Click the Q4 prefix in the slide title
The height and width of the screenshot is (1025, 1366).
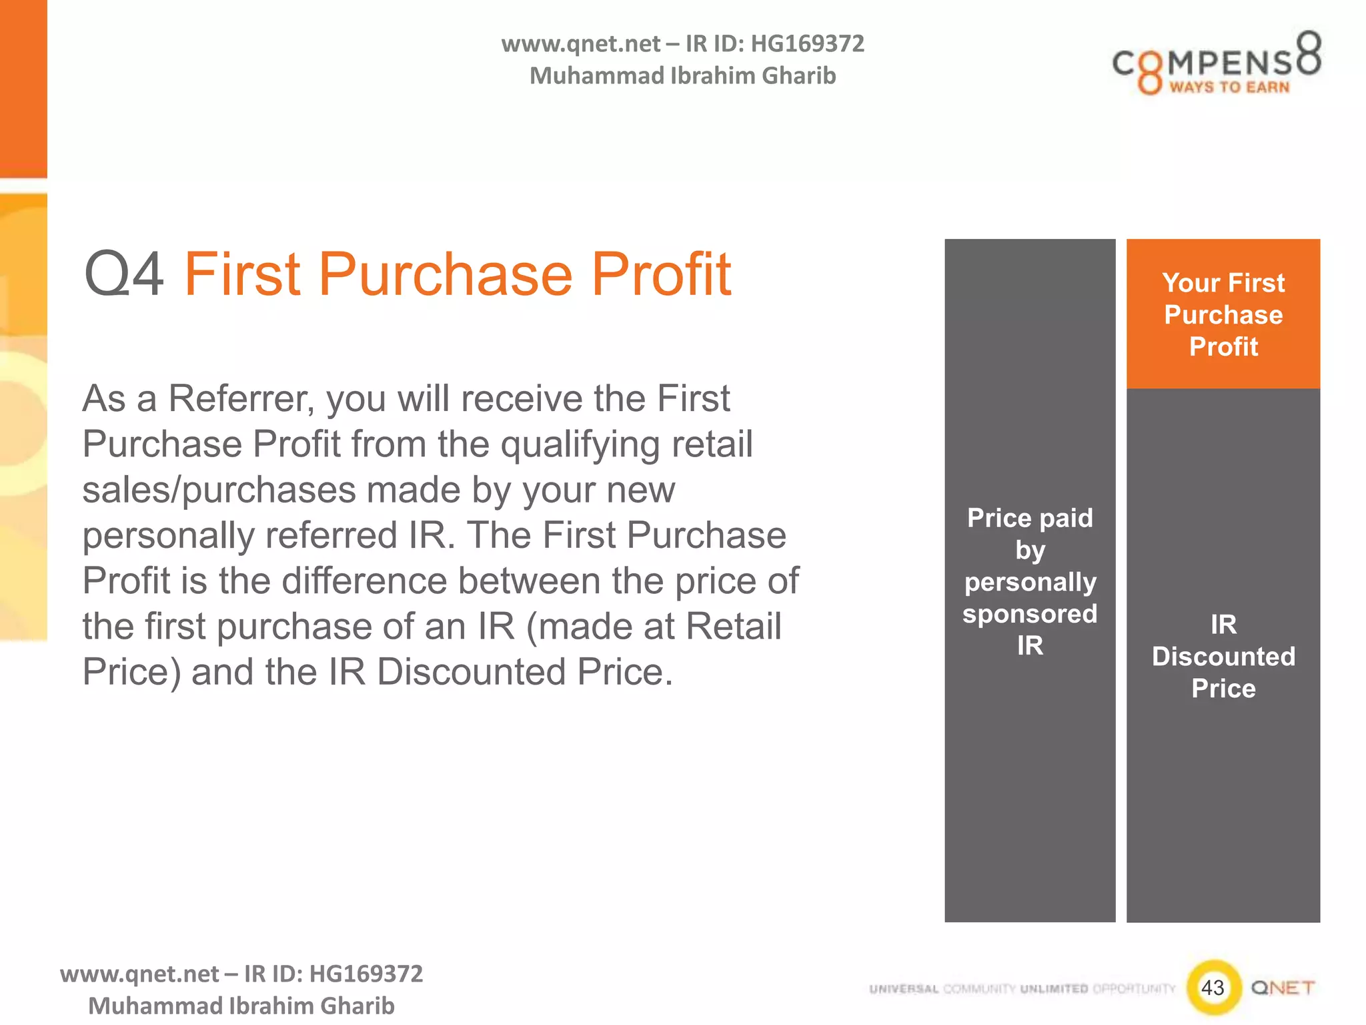click(124, 274)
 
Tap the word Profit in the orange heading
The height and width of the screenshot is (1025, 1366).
click(661, 274)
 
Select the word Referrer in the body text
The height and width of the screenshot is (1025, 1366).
click(241, 399)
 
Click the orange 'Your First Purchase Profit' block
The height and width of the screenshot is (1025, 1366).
click(1223, 314)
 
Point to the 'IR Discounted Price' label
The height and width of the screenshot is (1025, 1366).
click(1223, 656)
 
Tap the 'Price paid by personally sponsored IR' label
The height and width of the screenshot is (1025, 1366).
click(1030, 581)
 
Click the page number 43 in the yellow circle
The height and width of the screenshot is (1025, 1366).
click(1213, 987)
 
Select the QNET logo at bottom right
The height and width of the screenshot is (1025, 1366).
click(1283, 987)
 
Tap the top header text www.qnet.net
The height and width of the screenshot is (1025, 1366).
click(580, 44)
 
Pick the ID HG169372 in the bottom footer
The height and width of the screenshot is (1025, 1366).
click(366, 974)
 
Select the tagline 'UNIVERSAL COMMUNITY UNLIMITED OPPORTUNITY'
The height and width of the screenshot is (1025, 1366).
click(1022, 988)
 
